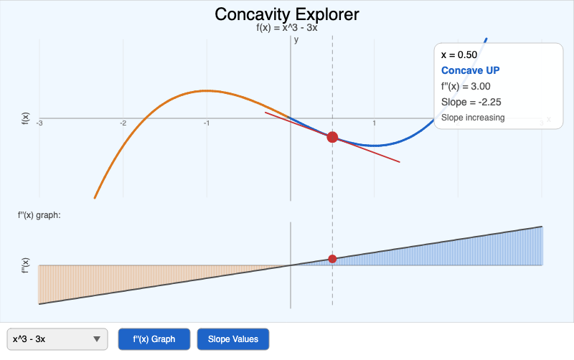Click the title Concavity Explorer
[x=287, y=14]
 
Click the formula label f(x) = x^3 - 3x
[x=287, y=28]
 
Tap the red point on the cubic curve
[x=332, y=137]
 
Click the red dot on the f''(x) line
[x=332, y=259]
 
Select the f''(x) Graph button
[x=155, y=339]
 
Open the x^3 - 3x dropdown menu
[x=57, y=339]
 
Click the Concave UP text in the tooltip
[x=470, y=70]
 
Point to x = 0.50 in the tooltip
[x=459, y=55]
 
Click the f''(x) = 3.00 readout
[x=466, y=86]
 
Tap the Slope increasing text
[x=473, y=118]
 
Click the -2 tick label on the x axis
[x=123, y=124]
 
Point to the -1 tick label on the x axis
[x=207, y=124]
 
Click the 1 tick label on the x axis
[x=375, y=124]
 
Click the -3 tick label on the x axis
[x=39, y=124]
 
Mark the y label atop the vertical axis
[x=296, y=39]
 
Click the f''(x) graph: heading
[x=39, y=214]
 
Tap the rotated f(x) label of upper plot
[x=26, y=119]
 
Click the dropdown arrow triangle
[x=97, y=339]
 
